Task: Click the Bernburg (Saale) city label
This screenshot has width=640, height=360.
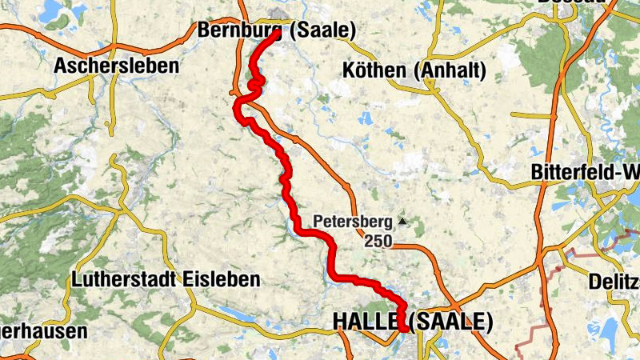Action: (x=275, y=30)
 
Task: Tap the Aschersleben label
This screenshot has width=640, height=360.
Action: (x=116, y=66)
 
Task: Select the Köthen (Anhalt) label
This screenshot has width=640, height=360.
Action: (x=414, y=70)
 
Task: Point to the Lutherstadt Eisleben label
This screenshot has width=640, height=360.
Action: (x=166, y=280)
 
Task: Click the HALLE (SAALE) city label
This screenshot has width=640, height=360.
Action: (x=412, y=322)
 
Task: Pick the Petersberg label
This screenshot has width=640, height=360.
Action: (x=353, y=220)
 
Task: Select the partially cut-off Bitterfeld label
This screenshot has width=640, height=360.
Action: (x=585, y=173)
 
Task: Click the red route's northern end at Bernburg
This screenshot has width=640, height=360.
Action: (x=277, y=34)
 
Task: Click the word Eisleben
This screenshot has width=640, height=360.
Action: (x=222, y=280)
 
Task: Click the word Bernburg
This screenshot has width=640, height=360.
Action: (x=237, y=30)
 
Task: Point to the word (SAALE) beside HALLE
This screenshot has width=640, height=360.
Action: (x=450, y=322)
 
